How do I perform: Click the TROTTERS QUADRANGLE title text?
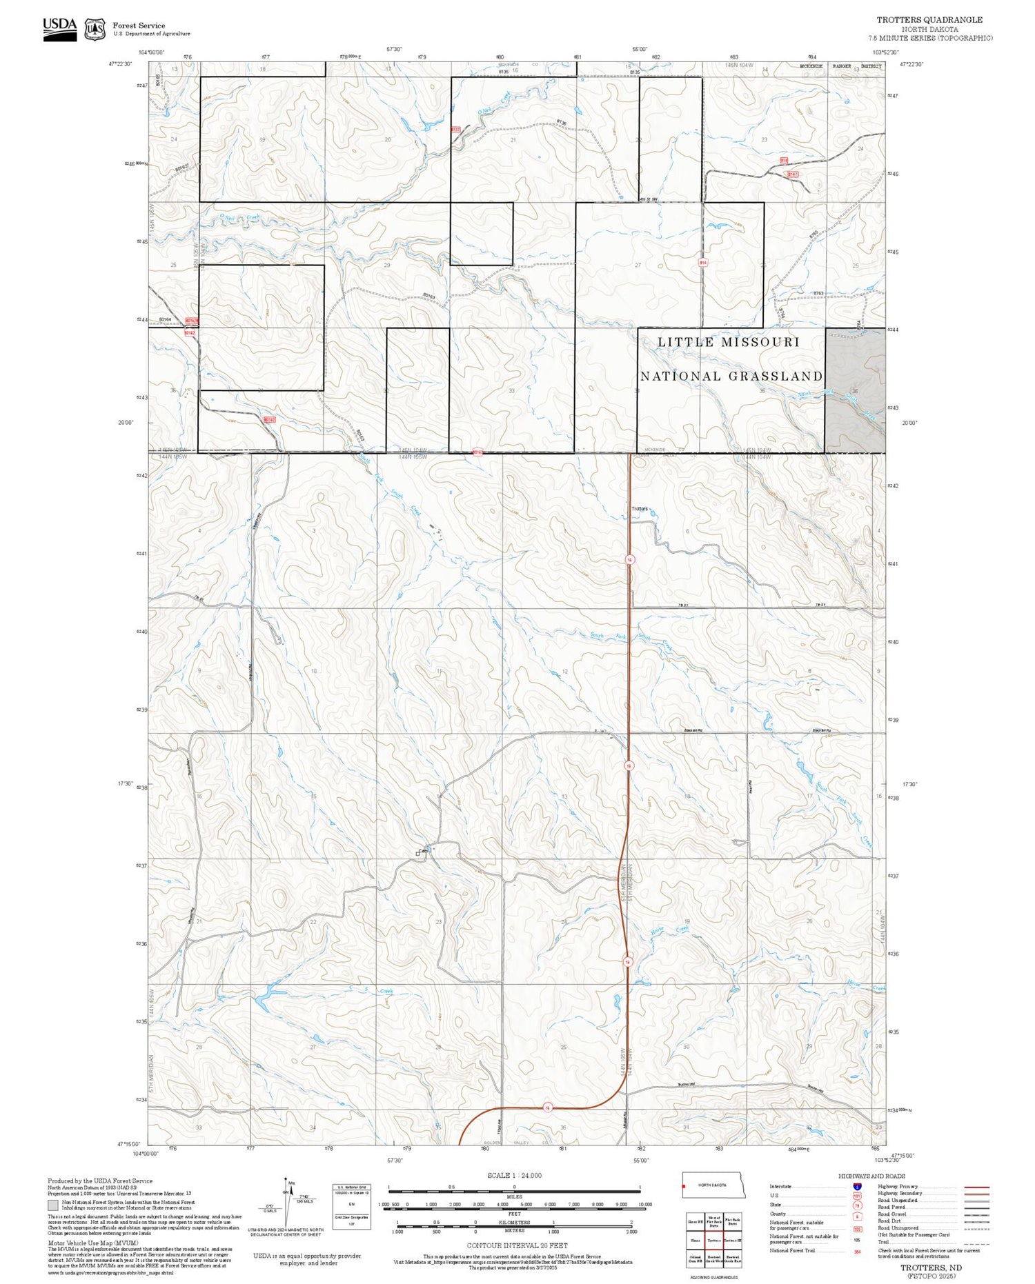pyautogui.click(x=929, y=20)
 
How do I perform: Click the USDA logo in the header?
pyautogui.click(x=60, y=28)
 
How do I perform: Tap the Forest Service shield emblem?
pyautogui.click(x=95, y=29)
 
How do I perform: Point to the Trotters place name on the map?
pyautogui.click(x=640, y=509)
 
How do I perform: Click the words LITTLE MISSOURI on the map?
pyautogui.click(x=729, y=342)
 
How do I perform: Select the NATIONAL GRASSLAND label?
pyautogui.click(x=731, y=377)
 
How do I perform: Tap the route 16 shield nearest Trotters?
pyautogui.click(x=629, y=560)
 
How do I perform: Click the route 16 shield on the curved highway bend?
pyautogui.click(x=547, y=1107)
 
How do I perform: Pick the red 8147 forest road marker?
pyautogui.click(x=793, y=174)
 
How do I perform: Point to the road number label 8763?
pyautogui.click(x=818, y=294)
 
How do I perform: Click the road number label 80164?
pyautogui.click(x=165, y=320)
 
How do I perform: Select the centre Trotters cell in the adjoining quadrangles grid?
pyautogui.click(x=713, y=1240)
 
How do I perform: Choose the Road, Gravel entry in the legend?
pyautogui.click(x=891, y=1214)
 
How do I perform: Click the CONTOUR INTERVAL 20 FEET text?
pyautogui.click(x=517, y=1245)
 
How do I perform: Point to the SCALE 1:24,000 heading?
pyautogui.click(x=514, y=1175)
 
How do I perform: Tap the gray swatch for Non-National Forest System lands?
pyautogui.click(x=53, y=1205)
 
